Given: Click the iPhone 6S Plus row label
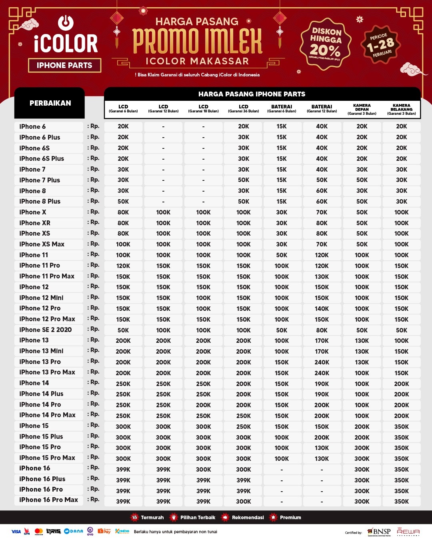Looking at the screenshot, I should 42,159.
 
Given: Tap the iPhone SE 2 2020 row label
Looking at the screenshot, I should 46,330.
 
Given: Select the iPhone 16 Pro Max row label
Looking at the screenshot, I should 49,500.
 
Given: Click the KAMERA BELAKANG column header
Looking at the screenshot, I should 401,110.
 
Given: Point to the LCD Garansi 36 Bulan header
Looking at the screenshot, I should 243,109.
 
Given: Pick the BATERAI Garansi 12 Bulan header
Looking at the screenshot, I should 322,109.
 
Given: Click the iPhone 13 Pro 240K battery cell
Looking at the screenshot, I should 322,362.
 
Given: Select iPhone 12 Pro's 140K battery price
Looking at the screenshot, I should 322,309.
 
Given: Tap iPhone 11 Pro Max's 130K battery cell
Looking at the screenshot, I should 322,277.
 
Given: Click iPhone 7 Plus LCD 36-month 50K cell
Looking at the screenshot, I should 243,180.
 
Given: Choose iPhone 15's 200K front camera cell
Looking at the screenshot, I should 362,427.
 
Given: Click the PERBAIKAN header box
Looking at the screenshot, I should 50,103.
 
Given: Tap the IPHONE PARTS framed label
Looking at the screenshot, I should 64,66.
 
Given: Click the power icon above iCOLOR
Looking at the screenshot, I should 66,23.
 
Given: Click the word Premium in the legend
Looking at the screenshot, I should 290,518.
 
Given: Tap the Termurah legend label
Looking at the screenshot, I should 152,518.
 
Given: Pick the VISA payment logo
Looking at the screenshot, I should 16,532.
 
